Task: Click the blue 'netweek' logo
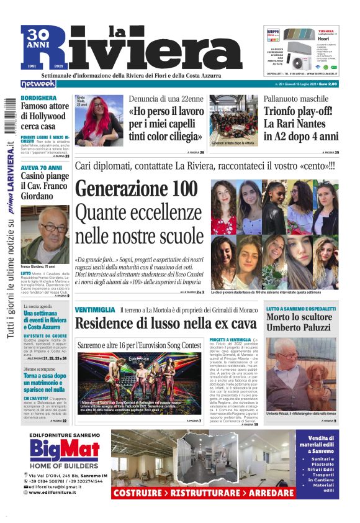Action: pyautogui.click(x=38, y=83)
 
